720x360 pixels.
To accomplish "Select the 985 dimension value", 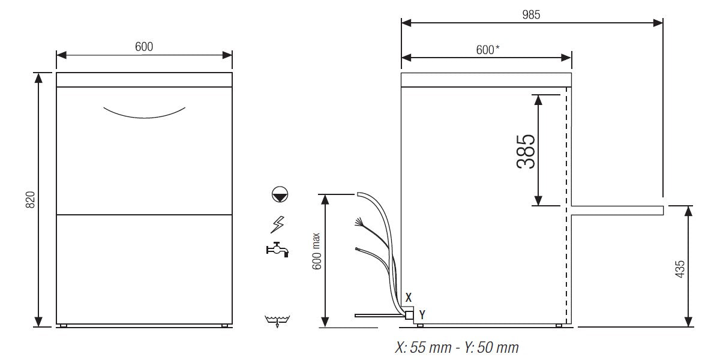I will pyautogui.click(x=531, y=16).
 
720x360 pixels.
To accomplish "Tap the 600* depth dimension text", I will pyautogui.click(x=488, y=50).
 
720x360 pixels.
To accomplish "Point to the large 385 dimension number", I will pyautogui.click(x=526, y=151).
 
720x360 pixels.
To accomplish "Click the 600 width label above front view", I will pyautogui.click(x=144, y=47).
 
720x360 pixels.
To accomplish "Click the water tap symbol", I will pyautogui.click(x=278, y=249).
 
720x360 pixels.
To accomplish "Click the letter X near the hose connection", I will pyautogui.click(x=409, y=297).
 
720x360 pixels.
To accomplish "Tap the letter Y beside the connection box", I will pyautogui.click(x=422, y=313).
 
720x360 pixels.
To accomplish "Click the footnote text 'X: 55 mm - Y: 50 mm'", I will pyautogui.click(x=457, y=347).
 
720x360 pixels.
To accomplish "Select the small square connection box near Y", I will pyautogui.click(x=409, y=314).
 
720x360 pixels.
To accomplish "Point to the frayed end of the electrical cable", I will pyautogui.click(x=358, y=223).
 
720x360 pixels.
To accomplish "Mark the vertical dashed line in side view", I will pyautogui.click(x=566, y=204).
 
